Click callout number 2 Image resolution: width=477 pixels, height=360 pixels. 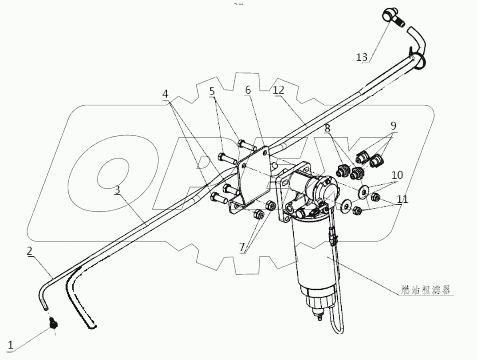click(x=29, y=251)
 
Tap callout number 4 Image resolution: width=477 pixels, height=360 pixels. click(x=165, y=94)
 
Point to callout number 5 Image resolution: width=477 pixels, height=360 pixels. click(x=212, y=91)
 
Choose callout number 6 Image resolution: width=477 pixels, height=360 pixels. click(x=248, y=90)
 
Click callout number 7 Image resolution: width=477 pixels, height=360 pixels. click(x=243, y=246)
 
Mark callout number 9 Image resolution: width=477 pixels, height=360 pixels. click(x=393, y=126)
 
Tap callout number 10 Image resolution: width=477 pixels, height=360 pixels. click(x=397, y=175)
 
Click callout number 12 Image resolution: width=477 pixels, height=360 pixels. click(x=278, y=90)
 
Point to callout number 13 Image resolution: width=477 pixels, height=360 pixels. click(x=362, y=57)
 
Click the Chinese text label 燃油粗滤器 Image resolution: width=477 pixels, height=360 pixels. click(x=424, y=291)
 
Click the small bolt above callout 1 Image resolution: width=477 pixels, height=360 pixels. click(x=53, y=324)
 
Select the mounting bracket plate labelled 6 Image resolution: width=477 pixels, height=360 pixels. click(x=253, y=178)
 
